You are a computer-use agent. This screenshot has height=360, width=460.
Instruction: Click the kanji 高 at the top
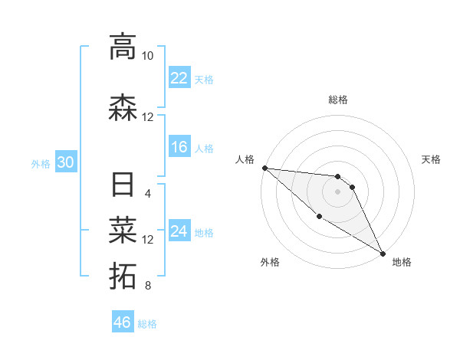point(123,47)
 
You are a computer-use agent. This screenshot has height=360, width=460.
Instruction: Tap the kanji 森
point(123,108)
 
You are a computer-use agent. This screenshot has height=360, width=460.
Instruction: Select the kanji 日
point(123,185)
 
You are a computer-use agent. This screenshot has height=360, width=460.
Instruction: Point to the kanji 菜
point(123,229)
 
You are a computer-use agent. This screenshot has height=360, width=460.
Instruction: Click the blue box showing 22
point(179,78)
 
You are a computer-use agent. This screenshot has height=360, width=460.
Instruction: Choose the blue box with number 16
point(179,148)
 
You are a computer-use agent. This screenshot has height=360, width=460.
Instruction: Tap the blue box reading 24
point(179,232)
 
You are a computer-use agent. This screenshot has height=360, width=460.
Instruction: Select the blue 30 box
point(65,163)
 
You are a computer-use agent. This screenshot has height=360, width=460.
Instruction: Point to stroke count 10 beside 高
point(147,56)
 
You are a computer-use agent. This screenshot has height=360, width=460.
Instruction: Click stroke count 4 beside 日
point(147,193)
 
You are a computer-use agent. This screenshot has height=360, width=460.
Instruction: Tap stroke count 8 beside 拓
point(147,286)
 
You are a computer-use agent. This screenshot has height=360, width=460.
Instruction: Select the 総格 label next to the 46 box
point(147,324)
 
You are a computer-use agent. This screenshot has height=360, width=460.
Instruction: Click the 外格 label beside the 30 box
point(41,164)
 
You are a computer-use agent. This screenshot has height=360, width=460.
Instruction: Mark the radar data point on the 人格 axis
point(264,168)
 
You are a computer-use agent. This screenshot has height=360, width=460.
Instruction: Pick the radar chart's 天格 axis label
point(432,159)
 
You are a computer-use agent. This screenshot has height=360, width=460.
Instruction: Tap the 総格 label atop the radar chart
point(337,100)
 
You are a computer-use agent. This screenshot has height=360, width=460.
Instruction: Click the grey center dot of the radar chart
point(337,191)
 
